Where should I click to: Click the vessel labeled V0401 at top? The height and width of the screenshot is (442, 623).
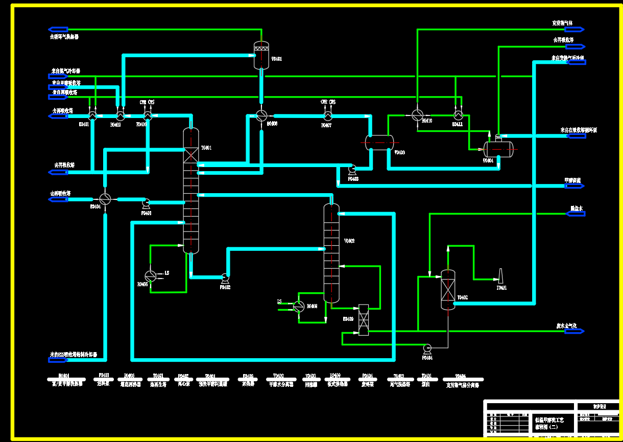(261, 56)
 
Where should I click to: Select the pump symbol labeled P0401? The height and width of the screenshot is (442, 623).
(146, 202)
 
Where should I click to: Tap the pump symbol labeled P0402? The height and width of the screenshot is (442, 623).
(225, 278)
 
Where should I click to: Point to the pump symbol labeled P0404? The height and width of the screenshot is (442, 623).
(427, 348)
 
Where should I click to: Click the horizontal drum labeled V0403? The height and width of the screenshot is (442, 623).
(379, 142)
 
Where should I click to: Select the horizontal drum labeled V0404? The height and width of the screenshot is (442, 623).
(498, 149)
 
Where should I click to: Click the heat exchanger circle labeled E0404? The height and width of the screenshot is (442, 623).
(105, 199)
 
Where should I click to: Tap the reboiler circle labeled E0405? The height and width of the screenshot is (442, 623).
(150, 276)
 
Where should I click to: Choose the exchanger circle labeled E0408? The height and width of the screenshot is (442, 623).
(299, 306)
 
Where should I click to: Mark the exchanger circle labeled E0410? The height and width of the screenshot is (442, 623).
(417, 115)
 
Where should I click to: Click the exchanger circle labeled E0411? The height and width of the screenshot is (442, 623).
(458, 115)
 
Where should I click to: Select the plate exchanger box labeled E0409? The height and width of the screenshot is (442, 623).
(364, 320)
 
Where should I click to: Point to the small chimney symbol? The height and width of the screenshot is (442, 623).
(501, 276)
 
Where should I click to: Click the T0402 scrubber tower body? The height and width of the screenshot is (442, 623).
(448, 290)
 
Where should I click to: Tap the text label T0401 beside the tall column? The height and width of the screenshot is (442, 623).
(206, 148)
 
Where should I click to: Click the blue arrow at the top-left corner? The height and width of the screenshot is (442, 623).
(58, 30)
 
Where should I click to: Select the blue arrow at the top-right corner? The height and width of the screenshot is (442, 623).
(575, 30)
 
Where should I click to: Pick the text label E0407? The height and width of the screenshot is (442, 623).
(326, 125)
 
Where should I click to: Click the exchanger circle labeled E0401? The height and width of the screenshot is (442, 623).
(92, 115)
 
